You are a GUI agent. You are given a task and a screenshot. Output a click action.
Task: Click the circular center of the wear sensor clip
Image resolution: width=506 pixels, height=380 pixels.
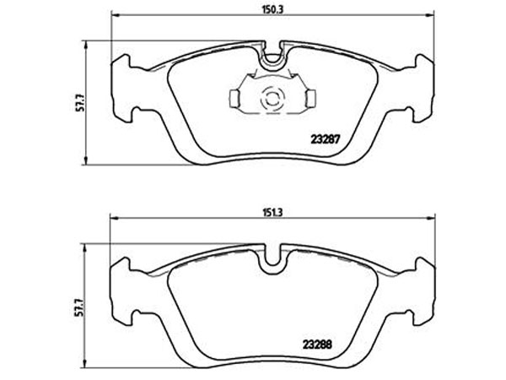(272, 99)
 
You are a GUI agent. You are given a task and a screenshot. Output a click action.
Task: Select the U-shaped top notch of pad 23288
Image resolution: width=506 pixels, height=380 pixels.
(272, 260)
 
